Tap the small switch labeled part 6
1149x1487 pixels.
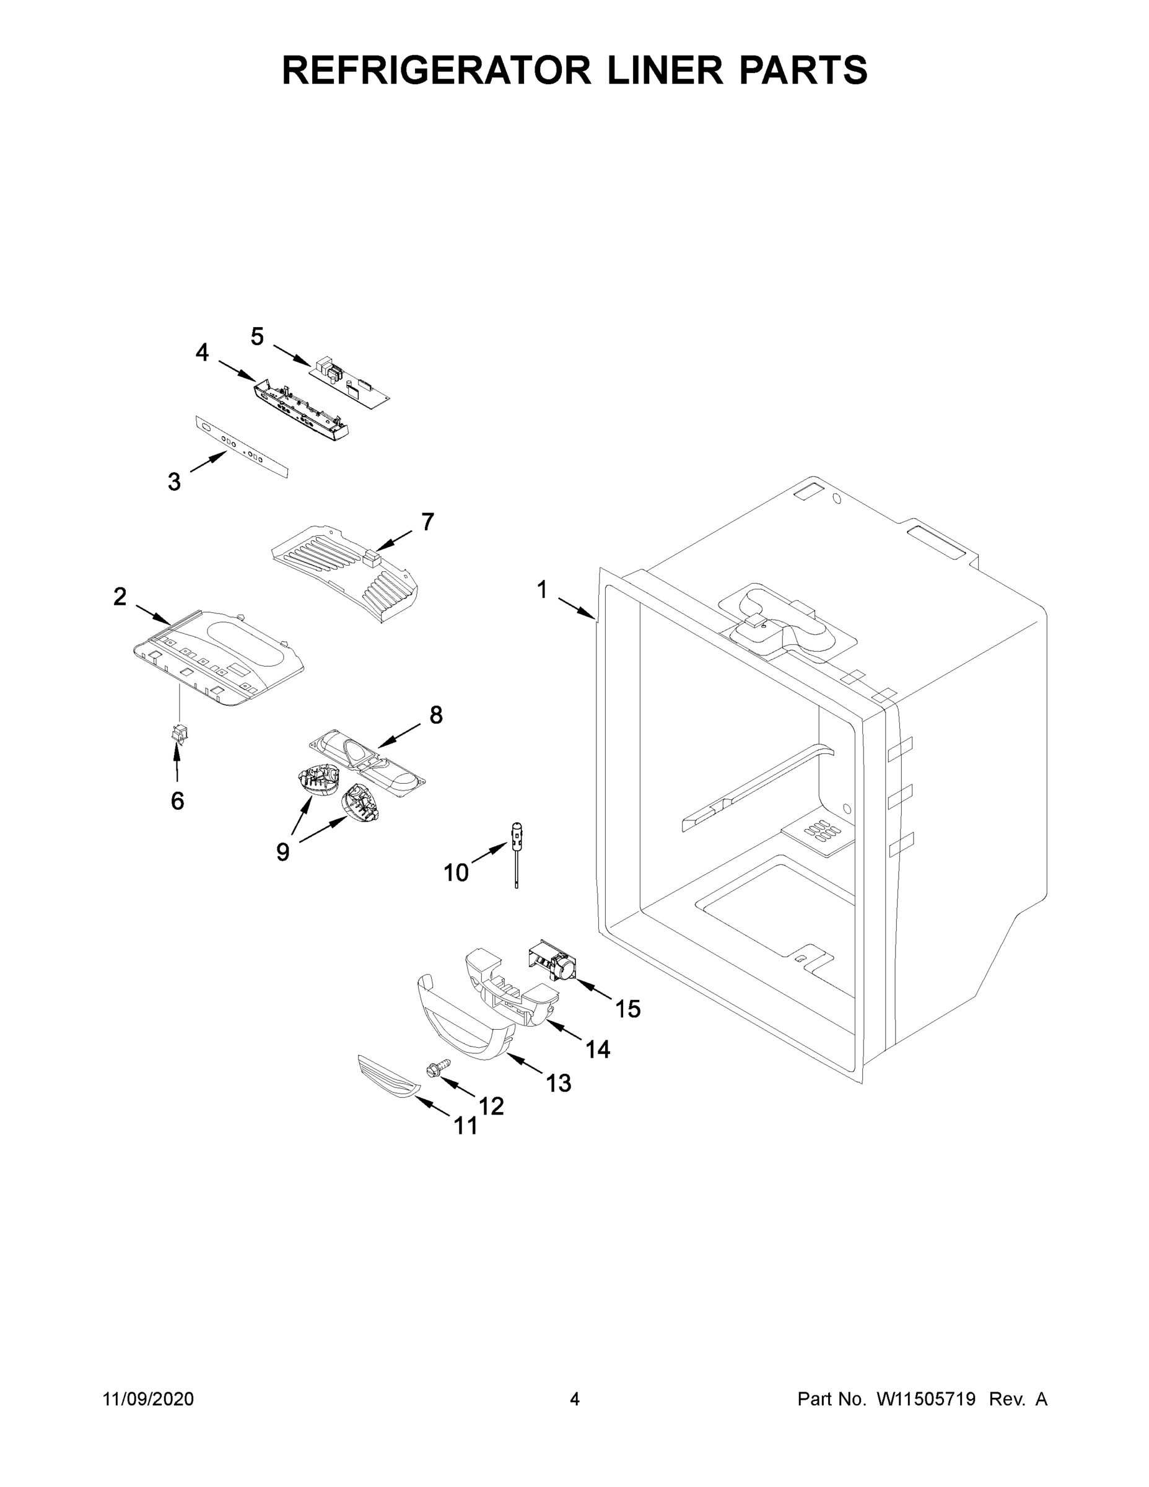coord(180,734)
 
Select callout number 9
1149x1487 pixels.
coord(283,851)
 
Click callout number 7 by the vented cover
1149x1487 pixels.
coord(427,522)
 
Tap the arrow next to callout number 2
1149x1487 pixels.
coord(153,613)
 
